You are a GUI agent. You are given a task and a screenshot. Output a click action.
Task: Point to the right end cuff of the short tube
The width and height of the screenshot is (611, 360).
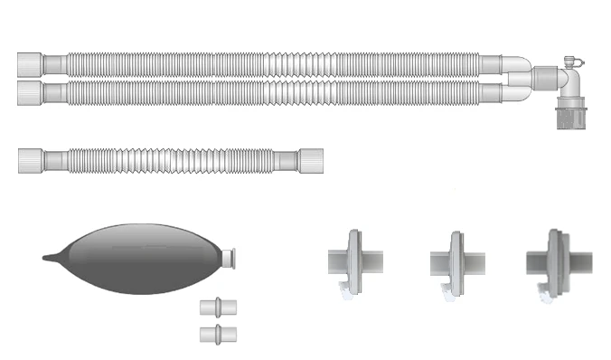coord(312,160)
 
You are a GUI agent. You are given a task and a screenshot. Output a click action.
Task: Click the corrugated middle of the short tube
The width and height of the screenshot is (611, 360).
coord(172,161)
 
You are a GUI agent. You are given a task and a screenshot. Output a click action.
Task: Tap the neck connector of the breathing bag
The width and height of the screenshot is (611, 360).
coord(230,257)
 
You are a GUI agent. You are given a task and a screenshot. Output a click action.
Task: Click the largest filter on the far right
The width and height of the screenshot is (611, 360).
coord(553,261)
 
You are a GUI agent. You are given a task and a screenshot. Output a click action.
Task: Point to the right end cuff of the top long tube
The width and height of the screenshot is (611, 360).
coord(492,63)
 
